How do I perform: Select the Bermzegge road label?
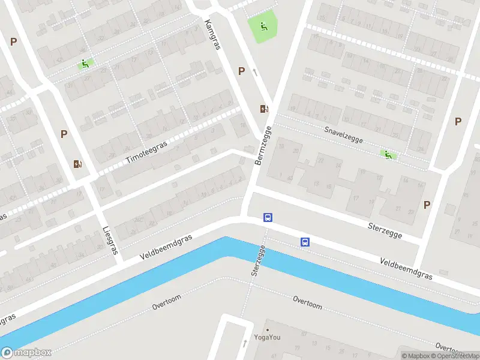[263, 146]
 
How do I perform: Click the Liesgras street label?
[109, 240]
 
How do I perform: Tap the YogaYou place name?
[268, 337]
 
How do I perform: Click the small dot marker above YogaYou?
[268, 329]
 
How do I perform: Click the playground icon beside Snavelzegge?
[388, 155]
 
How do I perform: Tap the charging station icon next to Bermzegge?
[264, 109]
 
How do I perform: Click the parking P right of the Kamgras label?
[241, 71]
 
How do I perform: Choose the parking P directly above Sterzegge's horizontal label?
[427, 205]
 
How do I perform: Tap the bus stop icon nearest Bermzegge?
[268, 218]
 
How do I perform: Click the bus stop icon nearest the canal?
[305, 242]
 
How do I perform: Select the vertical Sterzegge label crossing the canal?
[257, 262]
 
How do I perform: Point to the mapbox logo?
[26, 353]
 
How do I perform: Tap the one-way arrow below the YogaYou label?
[245, 344]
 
